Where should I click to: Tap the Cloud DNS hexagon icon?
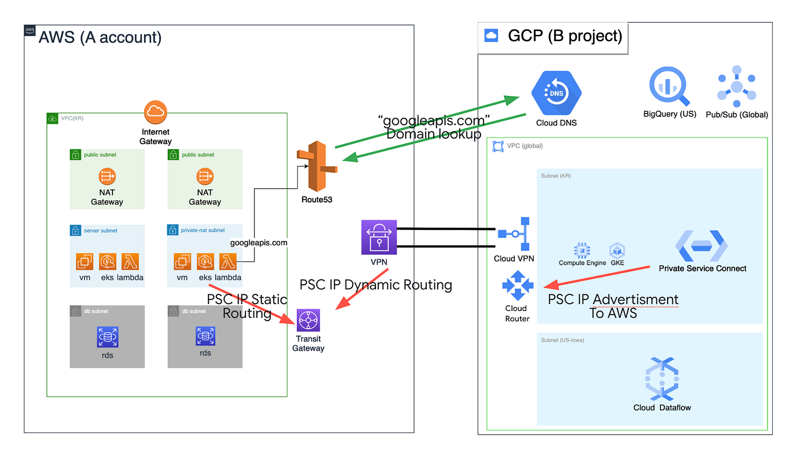[x=556, y=93]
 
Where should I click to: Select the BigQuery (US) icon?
[x=669, y=87]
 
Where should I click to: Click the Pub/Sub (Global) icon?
[x=736, y=87]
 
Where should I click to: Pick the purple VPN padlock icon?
[x=380, y=237]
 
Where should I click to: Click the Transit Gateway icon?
[x=308, y=321]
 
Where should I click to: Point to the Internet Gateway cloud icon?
[x=156, y=112]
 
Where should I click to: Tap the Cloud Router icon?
[x=517, y=285]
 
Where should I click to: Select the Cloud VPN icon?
[x=515, y=234]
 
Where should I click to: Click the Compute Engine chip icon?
[x=582, y=250]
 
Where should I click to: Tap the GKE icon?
[x=617, y=250]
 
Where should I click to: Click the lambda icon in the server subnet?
[x=130, y=262]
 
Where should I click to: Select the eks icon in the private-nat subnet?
[x=205, y=262]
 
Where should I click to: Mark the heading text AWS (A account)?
[x=100, y=38]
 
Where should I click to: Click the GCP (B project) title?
[x=564, y=36]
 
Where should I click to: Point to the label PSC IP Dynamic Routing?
[x=376, y=285]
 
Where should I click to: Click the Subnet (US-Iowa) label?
[x=562, y=340]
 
